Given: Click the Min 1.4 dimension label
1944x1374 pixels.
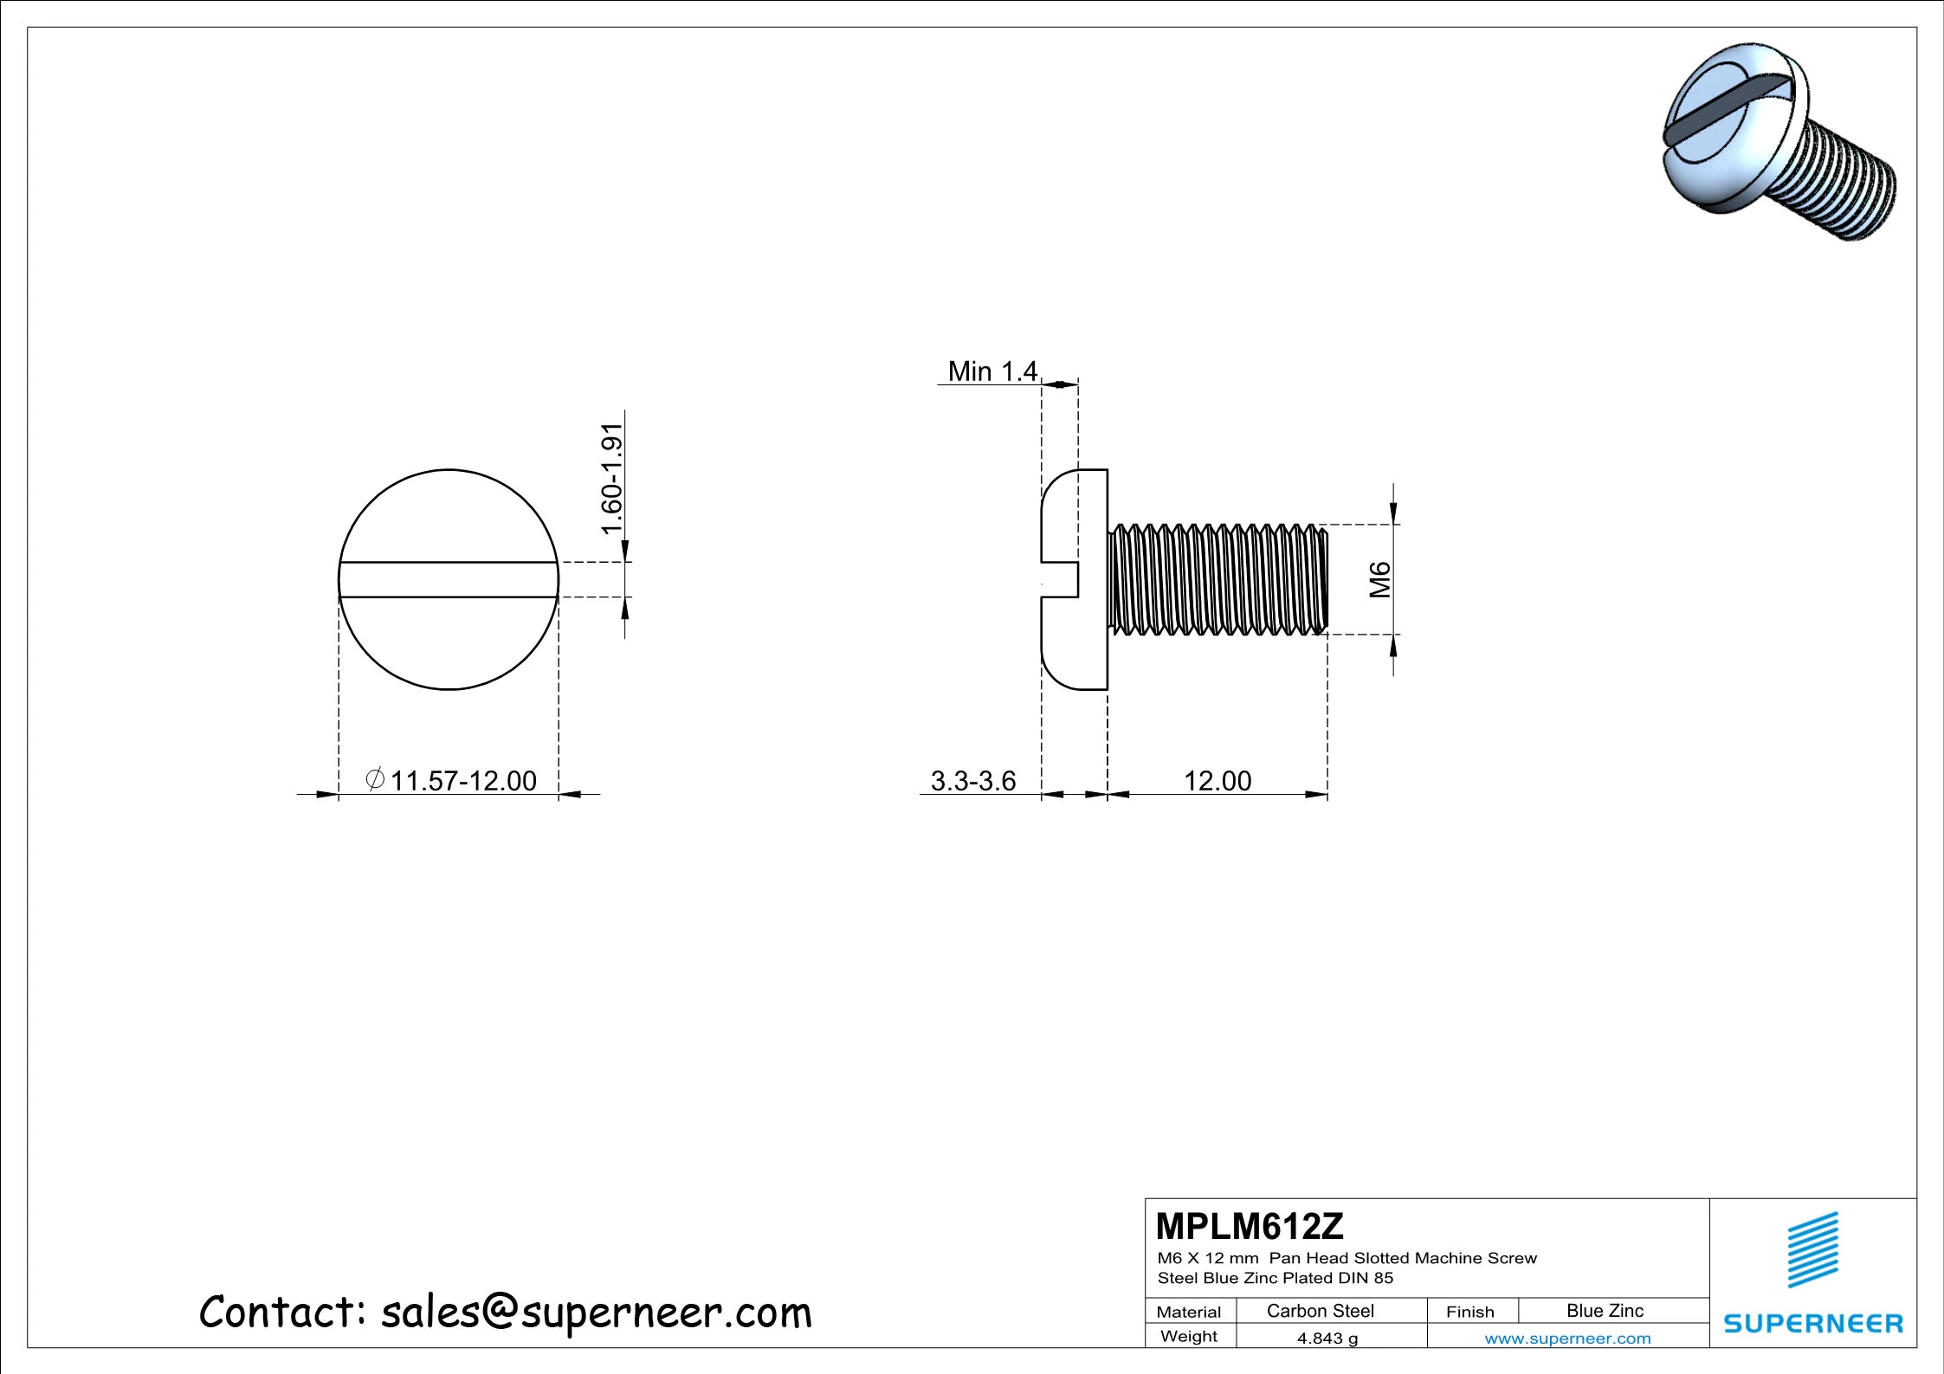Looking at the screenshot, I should click(991, 371).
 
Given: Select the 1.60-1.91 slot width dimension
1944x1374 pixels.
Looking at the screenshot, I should click(612, 479).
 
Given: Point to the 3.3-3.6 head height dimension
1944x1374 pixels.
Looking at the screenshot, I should click(972, 781).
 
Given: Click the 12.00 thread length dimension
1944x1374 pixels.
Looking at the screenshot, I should click(1217, 781).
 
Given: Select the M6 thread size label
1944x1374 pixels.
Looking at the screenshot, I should click(1379, 580).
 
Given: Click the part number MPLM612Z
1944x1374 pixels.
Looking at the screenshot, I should click(1250, 1226).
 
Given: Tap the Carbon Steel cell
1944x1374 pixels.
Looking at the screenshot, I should click(1320, 1311).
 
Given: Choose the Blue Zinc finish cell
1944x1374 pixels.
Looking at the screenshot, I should click(1604, 1311).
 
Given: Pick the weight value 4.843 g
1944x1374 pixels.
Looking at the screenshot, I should click(1327, 1339).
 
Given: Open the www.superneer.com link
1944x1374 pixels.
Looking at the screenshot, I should click(1567, 1339).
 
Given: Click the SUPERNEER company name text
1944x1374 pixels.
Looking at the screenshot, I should click(1813, 1324).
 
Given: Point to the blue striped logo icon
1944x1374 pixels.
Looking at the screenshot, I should click(1813, 1249).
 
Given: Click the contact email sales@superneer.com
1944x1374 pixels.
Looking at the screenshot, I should click(596, 1313).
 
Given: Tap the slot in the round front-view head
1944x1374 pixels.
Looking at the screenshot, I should click(449, 579).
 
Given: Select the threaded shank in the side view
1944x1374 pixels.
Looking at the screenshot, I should click(1217, 579).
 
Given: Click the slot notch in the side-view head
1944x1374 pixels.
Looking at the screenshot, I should click(1060, 579).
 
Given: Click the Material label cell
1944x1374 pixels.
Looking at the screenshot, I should click(1189, 1312).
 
